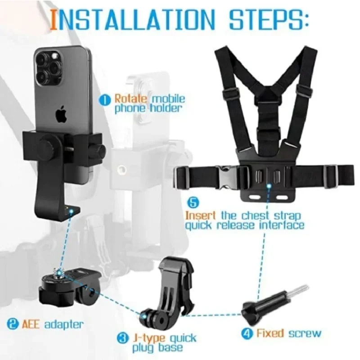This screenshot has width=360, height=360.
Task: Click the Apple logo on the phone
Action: click(x=62, y=115)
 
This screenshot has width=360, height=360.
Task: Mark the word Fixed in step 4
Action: click(x=270, y=333)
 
